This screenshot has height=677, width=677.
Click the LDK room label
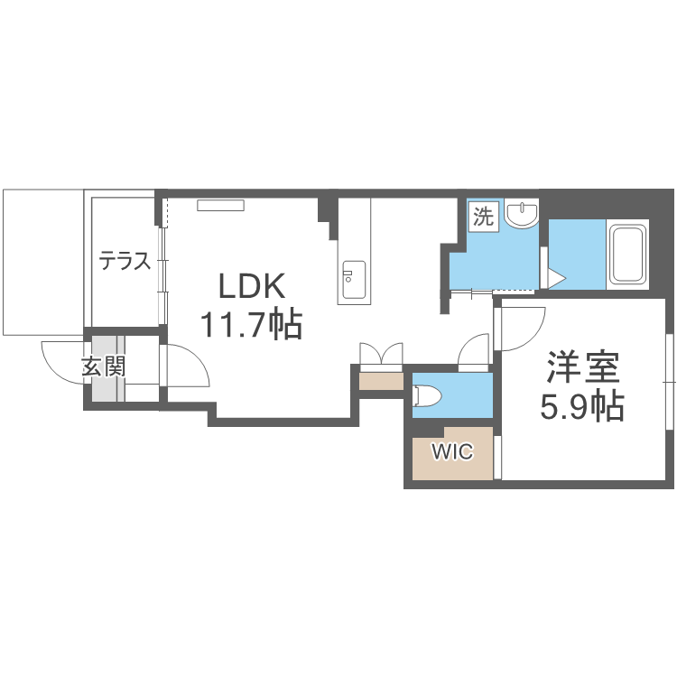[252, 286]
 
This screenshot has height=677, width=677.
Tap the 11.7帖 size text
[251, 325]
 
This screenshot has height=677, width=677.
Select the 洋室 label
[583, 367]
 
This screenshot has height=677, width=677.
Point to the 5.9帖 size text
[582, 406]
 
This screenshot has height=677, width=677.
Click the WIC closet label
[453, 452]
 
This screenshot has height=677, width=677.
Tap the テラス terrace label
[125, 261]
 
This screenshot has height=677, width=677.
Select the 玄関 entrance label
[104, 367]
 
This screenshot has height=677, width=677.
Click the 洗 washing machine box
[484, 217]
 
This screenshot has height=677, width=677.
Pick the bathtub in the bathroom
[627, 255]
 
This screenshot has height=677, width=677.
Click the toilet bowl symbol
[427, 395]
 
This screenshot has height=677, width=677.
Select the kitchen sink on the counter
[354, 280]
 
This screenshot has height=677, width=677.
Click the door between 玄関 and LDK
[186, 366]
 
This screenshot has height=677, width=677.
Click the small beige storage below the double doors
[381, 381]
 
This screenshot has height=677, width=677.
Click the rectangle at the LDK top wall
[220, 206]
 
